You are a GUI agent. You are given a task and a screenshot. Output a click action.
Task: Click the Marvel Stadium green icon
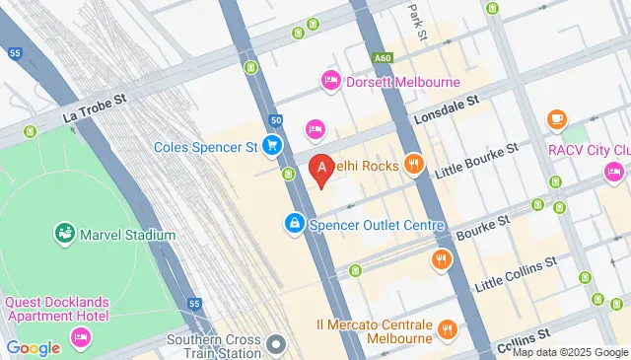click(65, 235)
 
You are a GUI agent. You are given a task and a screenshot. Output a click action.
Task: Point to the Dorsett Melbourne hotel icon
click(330, 81)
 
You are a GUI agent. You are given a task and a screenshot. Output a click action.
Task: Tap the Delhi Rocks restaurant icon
click(413, 166)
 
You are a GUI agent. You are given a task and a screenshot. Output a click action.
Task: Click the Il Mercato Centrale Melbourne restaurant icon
click(448, 329)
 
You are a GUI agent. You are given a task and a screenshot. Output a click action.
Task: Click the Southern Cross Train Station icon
click(277, 344)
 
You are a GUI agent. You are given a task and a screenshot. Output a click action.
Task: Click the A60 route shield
click(384, 58)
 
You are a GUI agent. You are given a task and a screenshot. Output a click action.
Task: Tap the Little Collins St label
click(517, 271)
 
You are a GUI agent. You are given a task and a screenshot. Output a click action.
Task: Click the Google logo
click(33, 347)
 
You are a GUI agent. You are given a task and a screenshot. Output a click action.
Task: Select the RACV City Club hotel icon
click(613, 173)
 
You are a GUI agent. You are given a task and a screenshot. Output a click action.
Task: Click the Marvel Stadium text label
click(129, 236)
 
